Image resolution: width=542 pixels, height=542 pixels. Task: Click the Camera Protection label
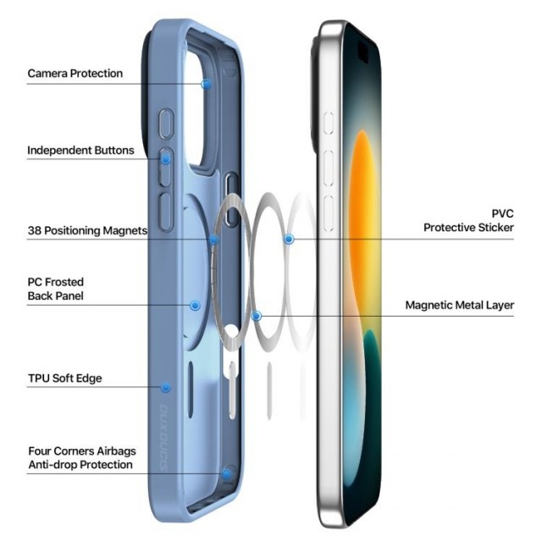[75, 74]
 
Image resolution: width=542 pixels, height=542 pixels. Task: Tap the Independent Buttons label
[80, 151]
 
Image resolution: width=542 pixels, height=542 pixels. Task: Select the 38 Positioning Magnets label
[87, 230]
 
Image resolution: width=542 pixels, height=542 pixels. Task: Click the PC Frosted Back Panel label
[56, 289]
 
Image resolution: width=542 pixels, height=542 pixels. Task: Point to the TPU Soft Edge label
[65, 379]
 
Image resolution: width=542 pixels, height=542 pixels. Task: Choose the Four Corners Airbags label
[82, 451]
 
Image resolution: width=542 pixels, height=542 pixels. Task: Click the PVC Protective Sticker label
[468, 220]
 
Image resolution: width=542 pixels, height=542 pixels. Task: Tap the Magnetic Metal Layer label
[459, 305]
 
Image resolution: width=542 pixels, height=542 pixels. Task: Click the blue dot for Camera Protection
[207, 84]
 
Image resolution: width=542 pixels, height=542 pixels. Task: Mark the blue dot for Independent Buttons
[166, 159]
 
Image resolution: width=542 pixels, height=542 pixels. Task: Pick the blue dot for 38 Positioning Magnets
[214, 239]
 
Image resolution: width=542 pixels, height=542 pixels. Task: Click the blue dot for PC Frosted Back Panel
[196, 305]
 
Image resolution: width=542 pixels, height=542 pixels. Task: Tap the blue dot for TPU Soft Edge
[166, 387]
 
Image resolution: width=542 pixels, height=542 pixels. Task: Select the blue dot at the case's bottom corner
[227, 474]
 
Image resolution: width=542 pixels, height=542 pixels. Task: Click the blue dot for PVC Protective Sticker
[289, 239]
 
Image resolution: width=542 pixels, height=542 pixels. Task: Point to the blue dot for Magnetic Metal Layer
[256, 316]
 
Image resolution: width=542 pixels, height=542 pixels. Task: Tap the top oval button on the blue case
[166, 124]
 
